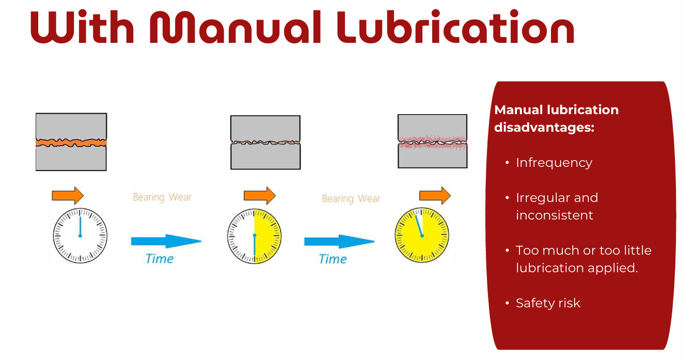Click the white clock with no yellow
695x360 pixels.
coord(80,236)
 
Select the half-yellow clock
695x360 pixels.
coord(255,236)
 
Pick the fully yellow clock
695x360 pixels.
coord(422,235)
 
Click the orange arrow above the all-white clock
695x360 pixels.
coord(68,195)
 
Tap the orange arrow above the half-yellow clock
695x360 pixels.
coord(259,195)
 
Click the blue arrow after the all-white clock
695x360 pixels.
coord(165,241)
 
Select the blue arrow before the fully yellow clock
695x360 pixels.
coord(339,241)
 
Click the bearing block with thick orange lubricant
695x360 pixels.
coord(71,142)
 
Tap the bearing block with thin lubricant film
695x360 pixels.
coord(265,142)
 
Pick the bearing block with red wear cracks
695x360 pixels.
coord(433,141)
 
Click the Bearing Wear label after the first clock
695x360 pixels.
coord(162,197)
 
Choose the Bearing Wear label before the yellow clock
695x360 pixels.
coord(351,199)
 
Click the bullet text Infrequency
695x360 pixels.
coord(554,163)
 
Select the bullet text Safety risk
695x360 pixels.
coord(548,303)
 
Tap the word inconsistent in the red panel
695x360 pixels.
coord(555,215)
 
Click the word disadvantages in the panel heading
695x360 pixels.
coord(544,127)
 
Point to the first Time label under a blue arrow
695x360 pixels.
coord(160,259)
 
